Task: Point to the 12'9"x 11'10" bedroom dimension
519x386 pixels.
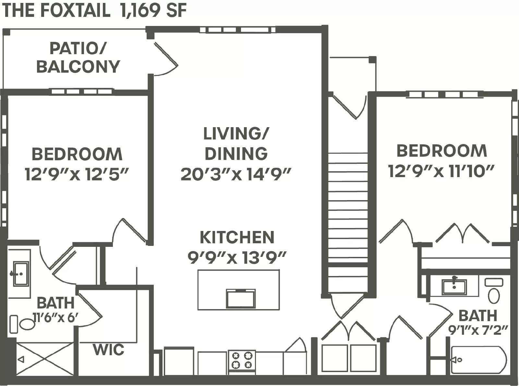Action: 441,171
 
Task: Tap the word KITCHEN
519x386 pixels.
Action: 237,237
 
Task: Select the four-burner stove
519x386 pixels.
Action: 242,360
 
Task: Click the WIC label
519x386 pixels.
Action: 108,350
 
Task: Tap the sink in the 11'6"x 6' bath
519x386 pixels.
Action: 20,274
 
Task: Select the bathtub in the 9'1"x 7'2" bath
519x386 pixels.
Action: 478,360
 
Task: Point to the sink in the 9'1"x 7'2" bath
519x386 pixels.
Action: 454,287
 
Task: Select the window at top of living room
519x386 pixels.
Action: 237,30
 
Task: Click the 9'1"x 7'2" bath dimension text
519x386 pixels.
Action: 478,330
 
